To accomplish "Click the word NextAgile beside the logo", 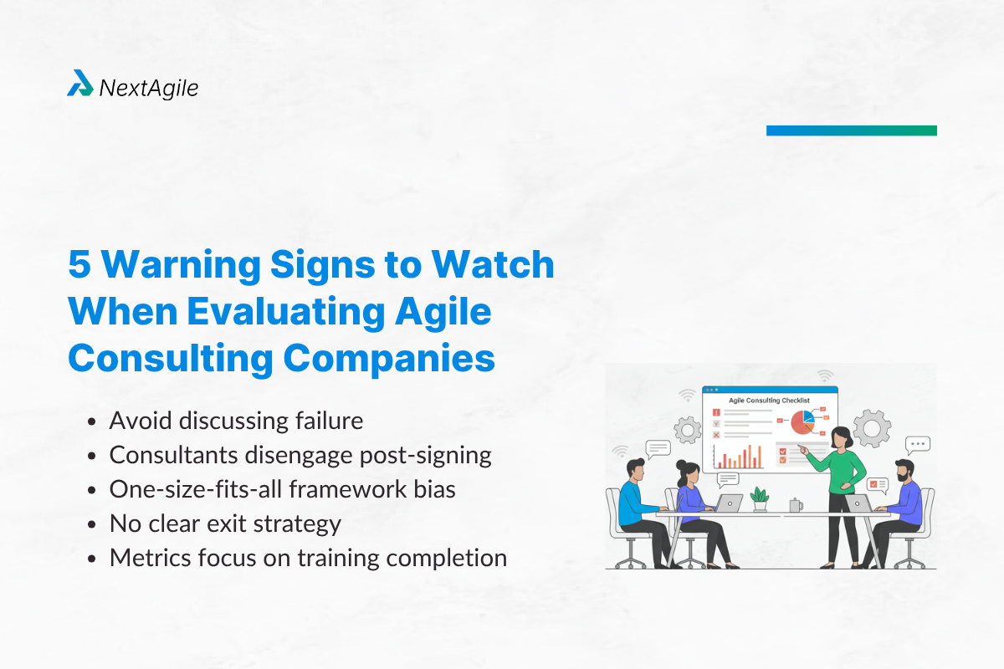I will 148,87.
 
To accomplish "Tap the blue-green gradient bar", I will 851,130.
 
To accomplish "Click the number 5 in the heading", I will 79,265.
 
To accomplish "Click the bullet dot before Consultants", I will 94,456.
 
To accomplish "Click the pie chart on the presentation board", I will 802,421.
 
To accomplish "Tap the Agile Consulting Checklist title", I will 769,401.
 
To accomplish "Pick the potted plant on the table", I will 760,498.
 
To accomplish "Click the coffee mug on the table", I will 794,505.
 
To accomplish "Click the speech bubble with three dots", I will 918,444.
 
